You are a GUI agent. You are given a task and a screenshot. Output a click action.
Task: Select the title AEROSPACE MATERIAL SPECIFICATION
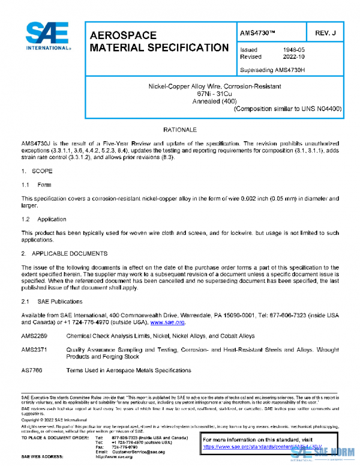pos(158,41)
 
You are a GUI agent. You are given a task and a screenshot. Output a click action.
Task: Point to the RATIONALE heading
pos(180,130)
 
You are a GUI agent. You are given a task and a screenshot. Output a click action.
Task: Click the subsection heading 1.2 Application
pos(44,219)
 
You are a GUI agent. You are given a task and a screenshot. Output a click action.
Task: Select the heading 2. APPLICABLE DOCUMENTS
pos(64,254)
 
